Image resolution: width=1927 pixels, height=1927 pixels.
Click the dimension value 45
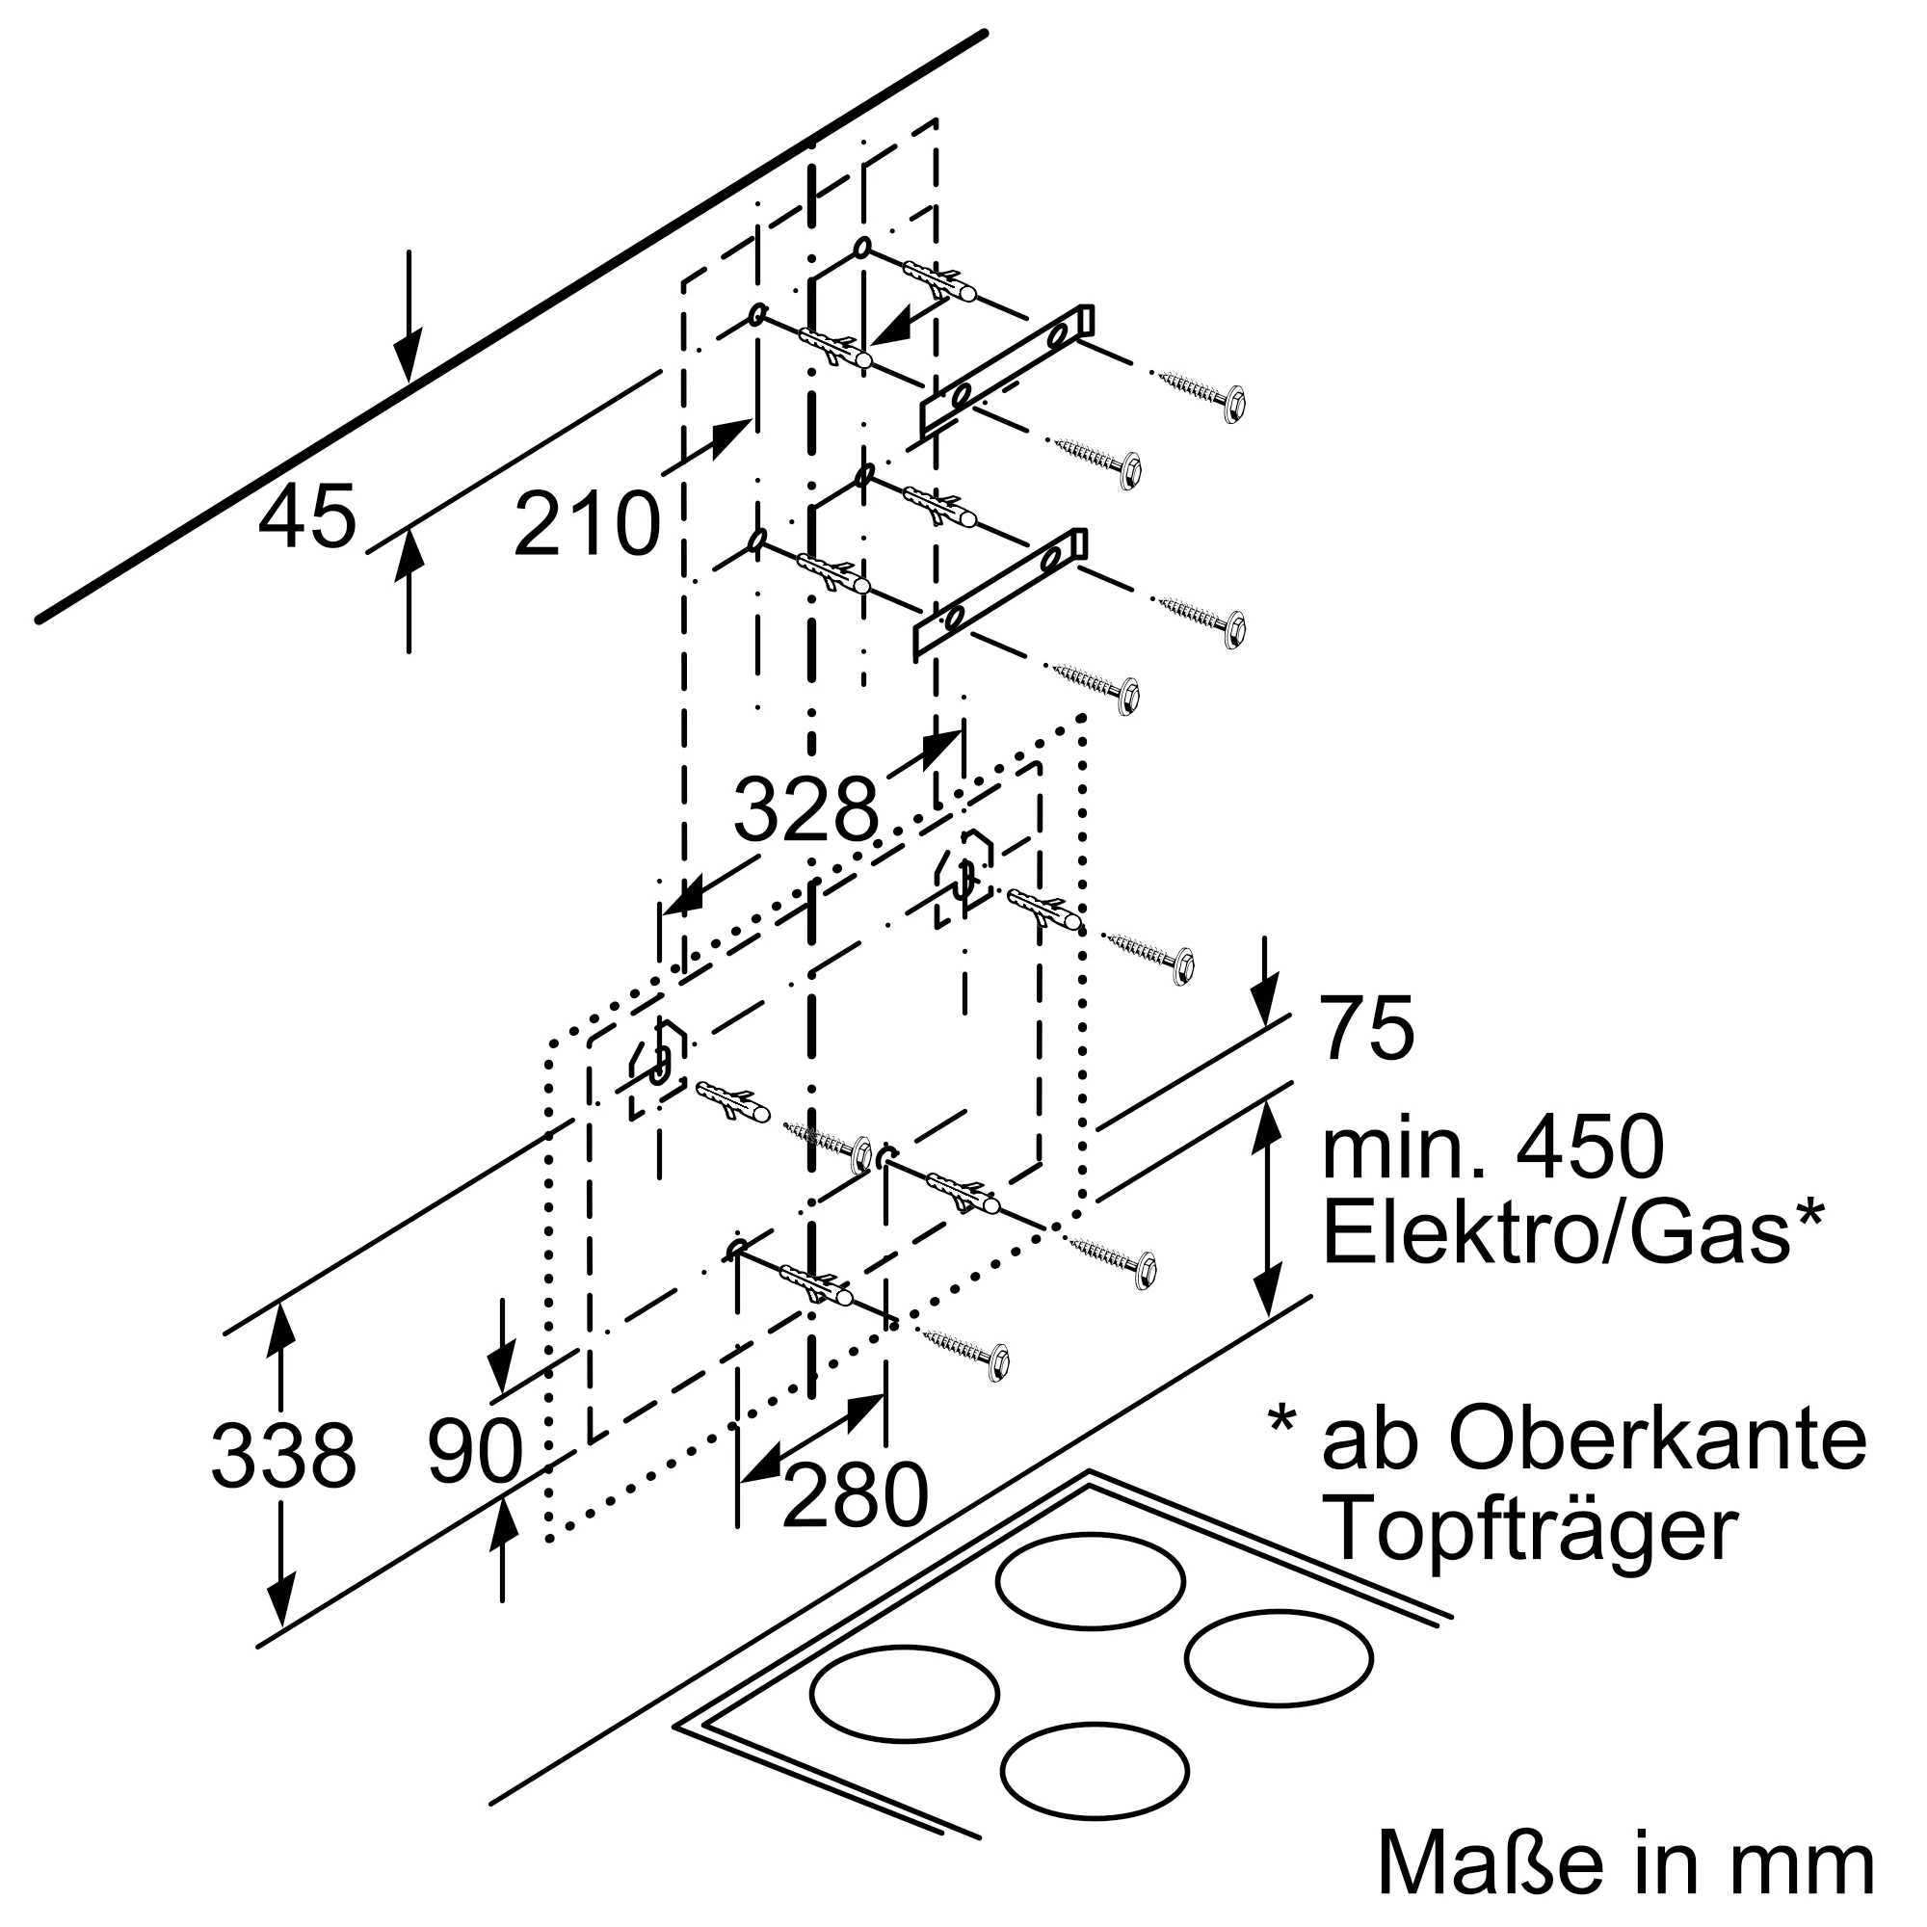(x=306, y=516)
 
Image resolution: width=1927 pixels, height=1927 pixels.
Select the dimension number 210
(x=587, y=523)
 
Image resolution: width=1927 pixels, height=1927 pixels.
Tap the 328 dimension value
(x=805, y=809)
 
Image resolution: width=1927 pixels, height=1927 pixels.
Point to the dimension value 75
(x=1367, y=1028)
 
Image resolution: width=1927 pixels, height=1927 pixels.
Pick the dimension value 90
(x=475, y=1451)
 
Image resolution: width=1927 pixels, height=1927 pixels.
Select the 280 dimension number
(x=855, y=1496)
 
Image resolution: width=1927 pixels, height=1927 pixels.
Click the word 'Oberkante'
(x=1656, y=1439)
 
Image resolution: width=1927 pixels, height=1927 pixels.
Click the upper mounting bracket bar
(x=1008, y=370)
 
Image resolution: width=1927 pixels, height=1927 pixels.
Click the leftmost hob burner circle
(x=904, y=1693)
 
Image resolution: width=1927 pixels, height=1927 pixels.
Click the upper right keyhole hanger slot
(x=963, y=875)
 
